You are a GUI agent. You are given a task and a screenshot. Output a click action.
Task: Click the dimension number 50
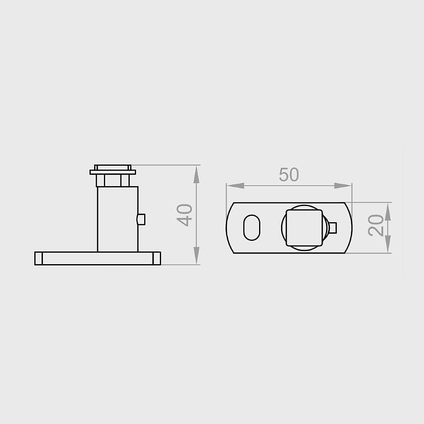coord(289,175)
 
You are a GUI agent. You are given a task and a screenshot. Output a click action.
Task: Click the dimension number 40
coord(185,215)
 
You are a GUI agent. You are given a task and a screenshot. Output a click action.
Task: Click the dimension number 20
coord(376,226)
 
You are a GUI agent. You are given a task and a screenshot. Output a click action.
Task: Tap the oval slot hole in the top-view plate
coord(252,228)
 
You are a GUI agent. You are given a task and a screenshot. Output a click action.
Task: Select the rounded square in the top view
coord(304,228)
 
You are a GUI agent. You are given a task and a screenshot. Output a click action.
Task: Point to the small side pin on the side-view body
coord(141,219)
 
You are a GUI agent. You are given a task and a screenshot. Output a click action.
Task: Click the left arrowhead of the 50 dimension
coord(235,186)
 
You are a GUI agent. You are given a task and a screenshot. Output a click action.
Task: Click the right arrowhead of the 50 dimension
coord(343,186)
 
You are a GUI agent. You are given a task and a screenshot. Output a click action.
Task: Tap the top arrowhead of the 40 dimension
coord(197,174)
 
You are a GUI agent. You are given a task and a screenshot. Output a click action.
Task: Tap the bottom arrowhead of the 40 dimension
coord(197,256)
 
